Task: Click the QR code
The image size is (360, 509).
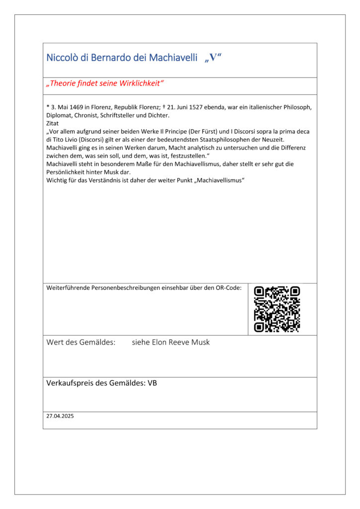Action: click(x=277, y=309)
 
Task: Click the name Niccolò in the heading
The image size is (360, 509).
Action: click(x=61, y=58)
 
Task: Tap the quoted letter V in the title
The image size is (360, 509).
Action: click(x=213, y=58)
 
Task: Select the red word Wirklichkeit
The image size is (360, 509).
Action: click(x=139, y=84)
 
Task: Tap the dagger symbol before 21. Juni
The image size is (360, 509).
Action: click(x=164, y=107)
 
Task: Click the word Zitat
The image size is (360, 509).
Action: click(x=52, y=123)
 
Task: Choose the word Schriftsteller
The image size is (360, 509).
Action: click(x=122, y=115)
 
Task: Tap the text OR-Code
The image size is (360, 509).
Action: click(x=228, y=288)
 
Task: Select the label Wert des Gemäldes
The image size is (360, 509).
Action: click(x=81, y=342)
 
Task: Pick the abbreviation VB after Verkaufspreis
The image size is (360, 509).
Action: click(x=153, y=383)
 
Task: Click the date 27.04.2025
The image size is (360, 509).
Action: click(x=60, y=417)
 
